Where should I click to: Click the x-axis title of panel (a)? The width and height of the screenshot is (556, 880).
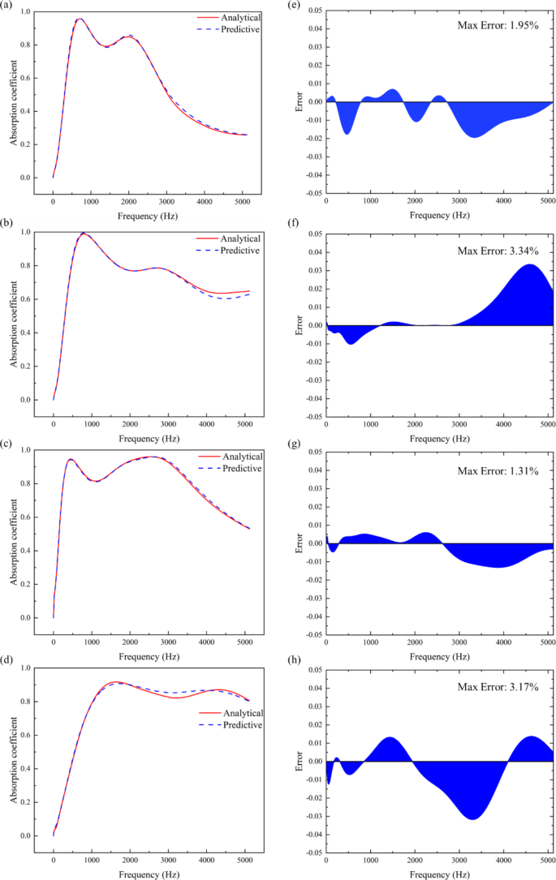pos(148,218)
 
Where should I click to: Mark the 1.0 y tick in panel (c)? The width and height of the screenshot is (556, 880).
pos(26,450)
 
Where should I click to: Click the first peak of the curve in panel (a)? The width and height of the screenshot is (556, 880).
pos(80,19)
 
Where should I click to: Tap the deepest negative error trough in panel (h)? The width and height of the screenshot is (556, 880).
pos(472,819)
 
